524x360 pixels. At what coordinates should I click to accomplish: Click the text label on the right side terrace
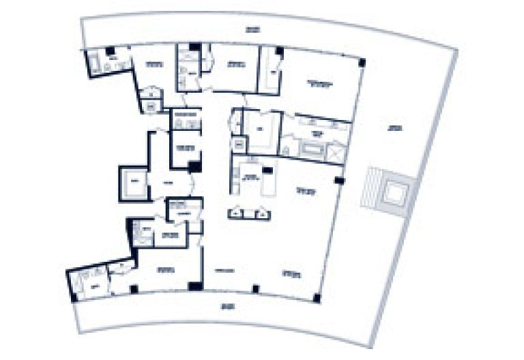[x=394, y=127]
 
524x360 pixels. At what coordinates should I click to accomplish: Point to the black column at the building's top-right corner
[x=362, y=63]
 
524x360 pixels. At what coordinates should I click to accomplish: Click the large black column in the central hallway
[x=196, y=166]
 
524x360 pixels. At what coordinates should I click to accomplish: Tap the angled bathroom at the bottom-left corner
[x=89, y=280]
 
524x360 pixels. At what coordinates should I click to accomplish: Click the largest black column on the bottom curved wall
[x=196, y=286]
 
